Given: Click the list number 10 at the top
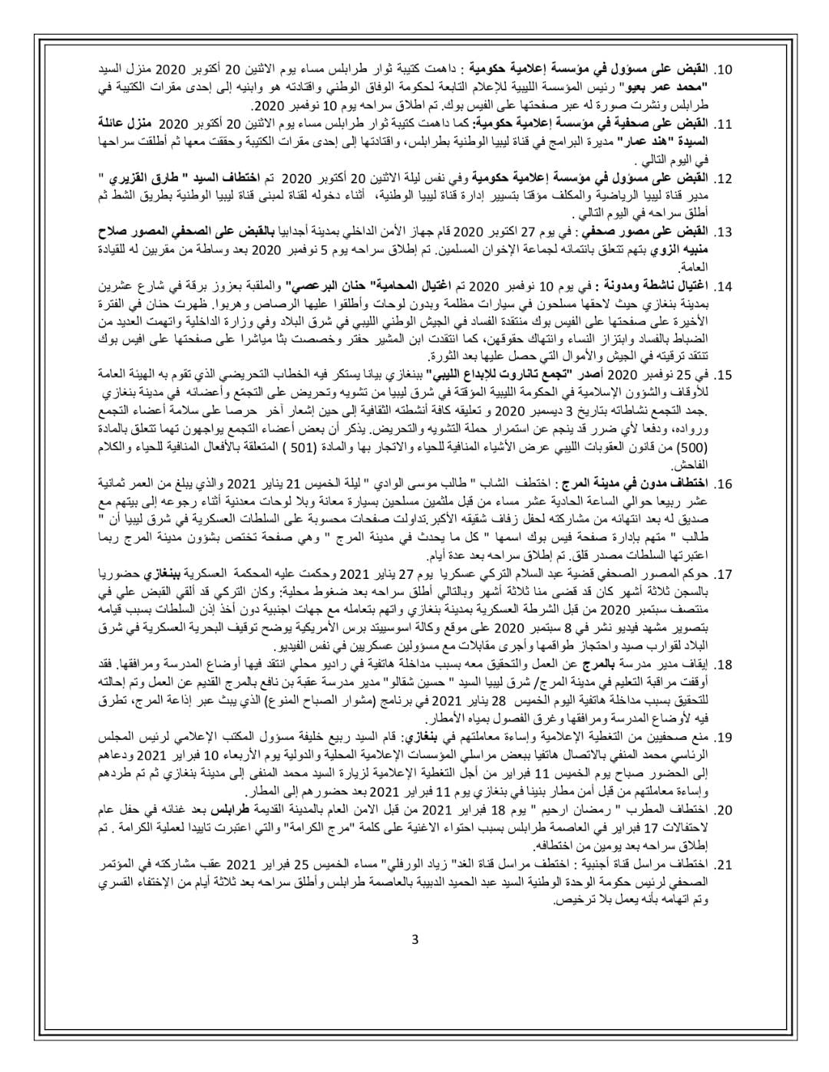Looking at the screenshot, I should coord(724,68).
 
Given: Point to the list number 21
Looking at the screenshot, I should coord(724,866).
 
